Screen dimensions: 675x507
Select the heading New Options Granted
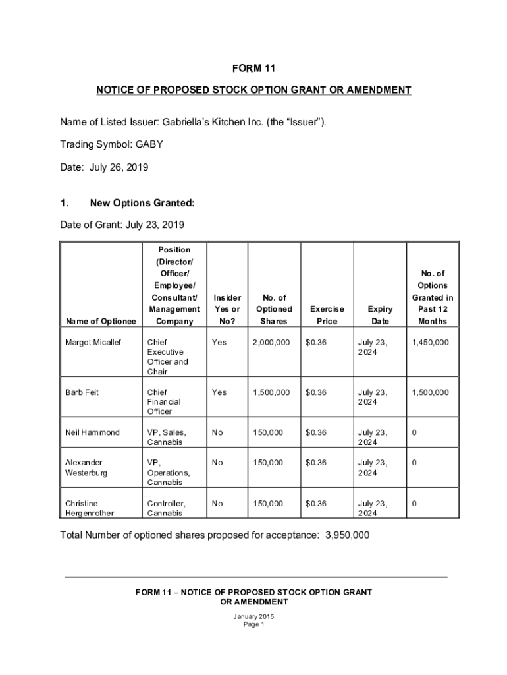[x=142, y=204]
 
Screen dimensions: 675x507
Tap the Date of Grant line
[x=122, y=225]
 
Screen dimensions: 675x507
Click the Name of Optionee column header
[x=100, y=321]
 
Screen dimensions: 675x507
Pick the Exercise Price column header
[x=327, y=315]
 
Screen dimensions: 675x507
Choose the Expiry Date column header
[x=380, y=315]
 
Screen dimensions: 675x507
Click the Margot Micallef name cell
[x=93, y=343]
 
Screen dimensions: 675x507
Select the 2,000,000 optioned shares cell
[x=271, y=343]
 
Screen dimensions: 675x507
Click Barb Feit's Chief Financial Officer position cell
[x=164, y=401]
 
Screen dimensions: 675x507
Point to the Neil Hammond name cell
[x=92, y=432]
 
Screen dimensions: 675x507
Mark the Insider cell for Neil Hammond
[x=217, y=432]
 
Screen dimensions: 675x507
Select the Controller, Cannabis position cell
[x=166, y=508]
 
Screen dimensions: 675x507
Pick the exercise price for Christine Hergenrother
[x=316, y=504]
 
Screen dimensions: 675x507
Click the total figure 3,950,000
[x=347, y=535]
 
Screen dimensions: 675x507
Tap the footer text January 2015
[x=254, y=617]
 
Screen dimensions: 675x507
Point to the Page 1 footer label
[x=254, y=625]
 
